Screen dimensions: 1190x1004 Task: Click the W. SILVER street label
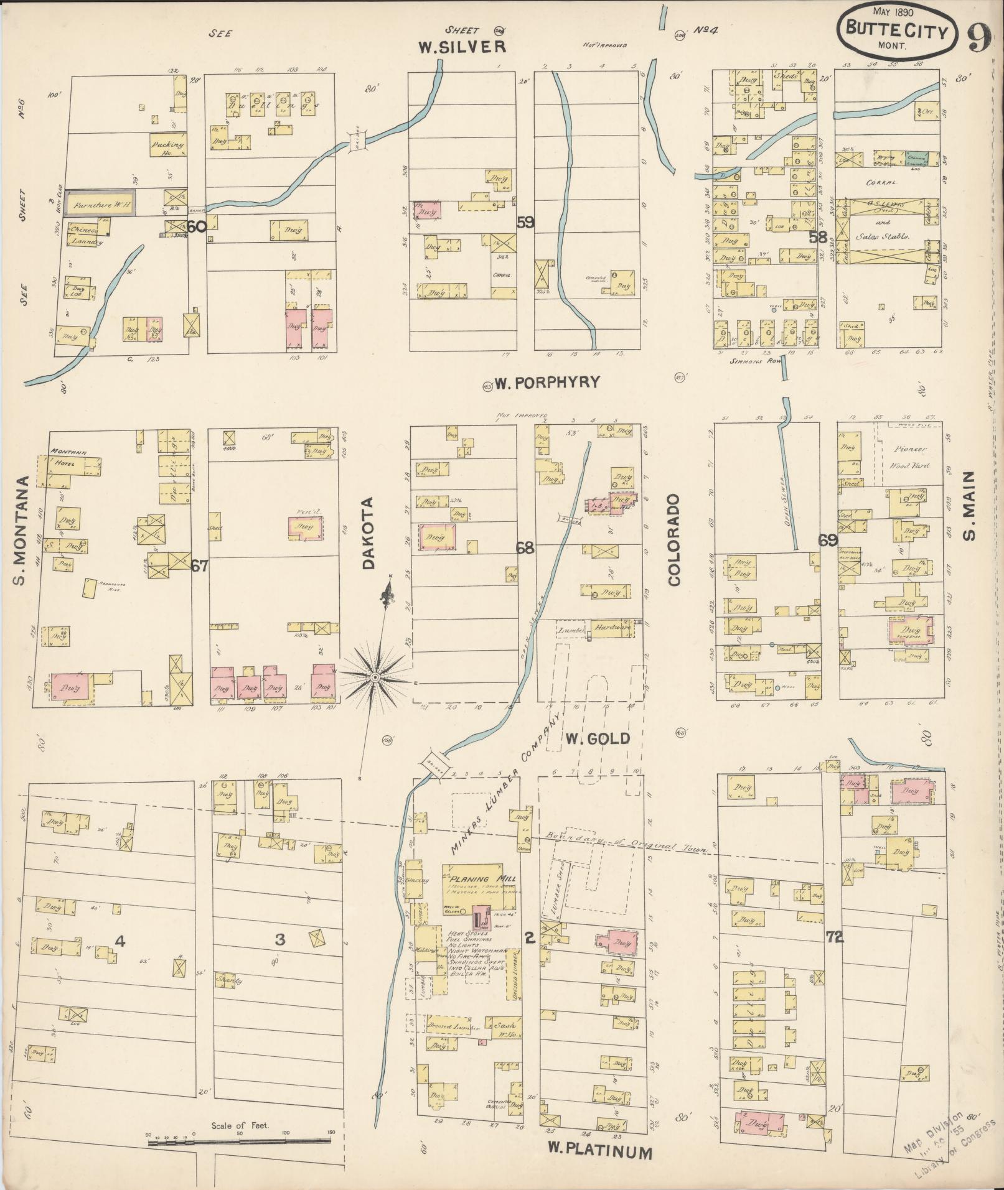(461, 47)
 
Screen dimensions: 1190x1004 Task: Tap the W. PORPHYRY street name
(547, 382)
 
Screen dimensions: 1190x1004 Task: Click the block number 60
(196, 227)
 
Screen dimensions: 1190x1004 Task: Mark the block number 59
(525, 222)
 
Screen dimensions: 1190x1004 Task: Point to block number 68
(525, 548)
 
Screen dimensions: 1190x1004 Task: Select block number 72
(834, 937)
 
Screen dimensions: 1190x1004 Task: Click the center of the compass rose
(375, 676)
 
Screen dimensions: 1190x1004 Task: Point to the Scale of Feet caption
(240, 1126)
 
